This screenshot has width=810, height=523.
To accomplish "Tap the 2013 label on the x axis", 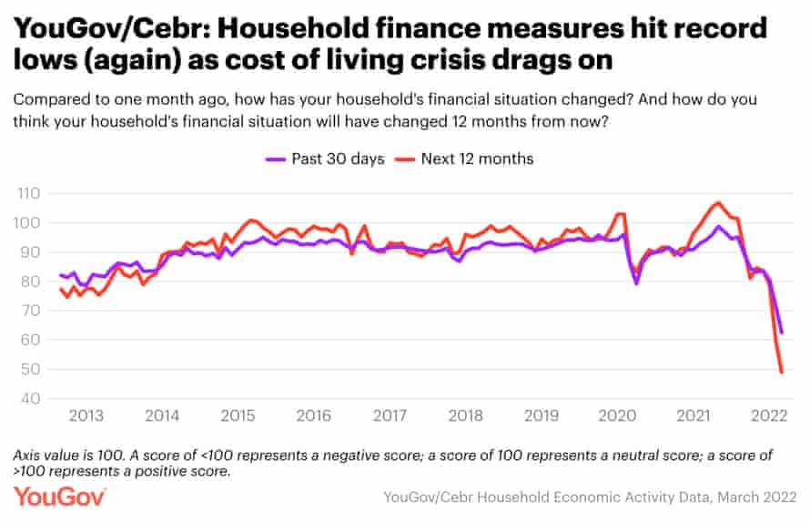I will [86, 415].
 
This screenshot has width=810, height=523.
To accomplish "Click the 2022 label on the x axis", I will [768, 415].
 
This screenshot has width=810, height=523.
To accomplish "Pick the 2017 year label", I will [390, 415].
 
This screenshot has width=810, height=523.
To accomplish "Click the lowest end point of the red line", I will [782, 372].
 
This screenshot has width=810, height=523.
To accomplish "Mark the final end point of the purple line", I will [782, 333].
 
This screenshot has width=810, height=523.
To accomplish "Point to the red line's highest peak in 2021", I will [718, 202].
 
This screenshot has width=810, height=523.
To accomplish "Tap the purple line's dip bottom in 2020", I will [636, 282].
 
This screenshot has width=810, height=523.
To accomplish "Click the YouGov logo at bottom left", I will [60, 496].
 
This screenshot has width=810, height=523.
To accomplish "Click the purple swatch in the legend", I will [276, 159].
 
